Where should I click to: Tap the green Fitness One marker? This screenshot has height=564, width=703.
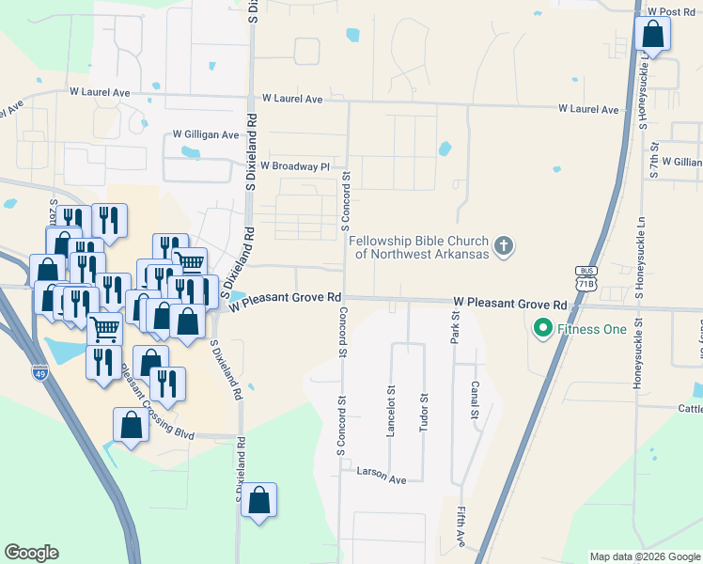(542, 329)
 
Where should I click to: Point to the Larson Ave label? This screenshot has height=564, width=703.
(381, 476)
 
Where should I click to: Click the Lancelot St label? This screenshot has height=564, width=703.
(391, 415)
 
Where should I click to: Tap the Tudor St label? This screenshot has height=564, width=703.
(425, 415)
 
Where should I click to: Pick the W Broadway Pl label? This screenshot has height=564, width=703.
(295, 166)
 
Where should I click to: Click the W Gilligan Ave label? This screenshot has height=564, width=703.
(206, 135)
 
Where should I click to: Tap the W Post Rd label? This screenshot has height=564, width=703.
(676, 12)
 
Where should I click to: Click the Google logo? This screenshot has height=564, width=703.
(31, 553)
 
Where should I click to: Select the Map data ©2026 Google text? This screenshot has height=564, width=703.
(644, 556)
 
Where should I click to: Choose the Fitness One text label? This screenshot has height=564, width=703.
(586, 329)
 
